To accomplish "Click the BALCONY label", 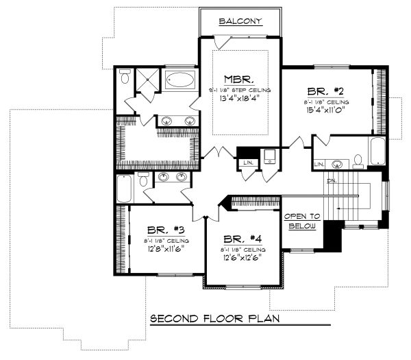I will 240,21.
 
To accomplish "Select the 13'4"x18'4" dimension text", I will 239,100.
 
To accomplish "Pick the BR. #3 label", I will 160,230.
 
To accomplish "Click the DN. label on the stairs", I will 332,181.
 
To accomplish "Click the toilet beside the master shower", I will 123,78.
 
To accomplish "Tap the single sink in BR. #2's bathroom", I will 337,165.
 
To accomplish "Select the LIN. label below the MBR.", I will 246,163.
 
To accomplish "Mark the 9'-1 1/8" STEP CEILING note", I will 239,90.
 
